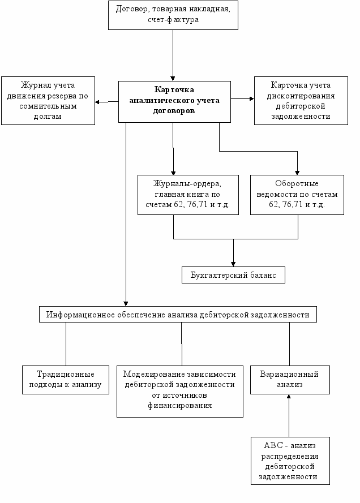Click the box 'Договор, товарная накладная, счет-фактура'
[173, 15]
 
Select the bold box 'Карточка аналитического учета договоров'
[174, 102]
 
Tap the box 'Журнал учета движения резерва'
[48, 101]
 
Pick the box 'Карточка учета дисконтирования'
[301, 101]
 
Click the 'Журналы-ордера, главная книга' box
[188, 195]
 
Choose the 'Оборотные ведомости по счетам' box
[297, 195]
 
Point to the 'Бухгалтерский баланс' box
[233, 275]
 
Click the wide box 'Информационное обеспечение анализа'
[178, 315]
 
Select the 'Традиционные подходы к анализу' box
[66, 380]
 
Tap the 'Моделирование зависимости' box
[179, 392]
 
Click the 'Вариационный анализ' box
[290, 380]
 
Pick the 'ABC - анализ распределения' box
[290, 461]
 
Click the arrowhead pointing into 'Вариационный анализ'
[289, 396]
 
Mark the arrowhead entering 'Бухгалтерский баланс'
[233, 264]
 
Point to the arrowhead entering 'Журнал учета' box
[97, 102]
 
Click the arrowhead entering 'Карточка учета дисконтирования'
[252, 99]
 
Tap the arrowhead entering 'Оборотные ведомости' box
[297, 173]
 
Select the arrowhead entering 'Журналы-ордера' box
[173, 173]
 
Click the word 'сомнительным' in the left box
[48, 106]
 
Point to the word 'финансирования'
[180, 406]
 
